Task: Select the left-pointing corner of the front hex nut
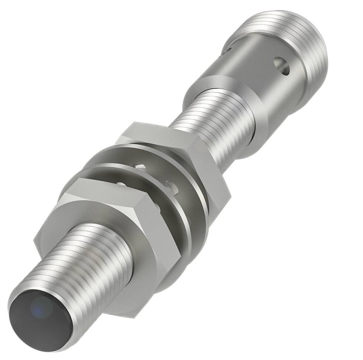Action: point(34,241)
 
